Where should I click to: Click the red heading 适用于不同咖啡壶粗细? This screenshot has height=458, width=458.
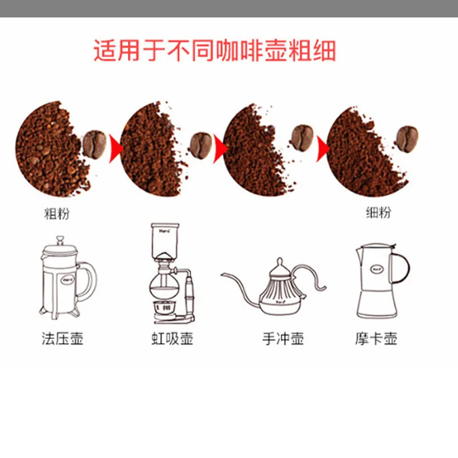pyautogui.click(x=214, y=52)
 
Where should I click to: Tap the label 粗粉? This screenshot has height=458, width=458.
pyautogui.click(x=57, y=214)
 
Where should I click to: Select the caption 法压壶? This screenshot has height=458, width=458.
pyautogui.click(x=63, y=338)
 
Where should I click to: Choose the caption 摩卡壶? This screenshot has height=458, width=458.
pyautogui.click(x=376, y=338)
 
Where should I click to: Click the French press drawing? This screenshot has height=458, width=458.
pyautogui.click(x=64, y=278)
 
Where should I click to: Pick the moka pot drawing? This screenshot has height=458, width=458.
pyautogui.click(x=378, y=281)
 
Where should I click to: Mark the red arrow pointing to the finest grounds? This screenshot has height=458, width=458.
pyautogui.click(x=323, y=148)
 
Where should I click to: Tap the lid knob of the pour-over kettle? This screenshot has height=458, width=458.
pyautogui.click(x=279, y=262)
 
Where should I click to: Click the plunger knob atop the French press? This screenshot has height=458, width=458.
pyautogui.click(x=60, y=238)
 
